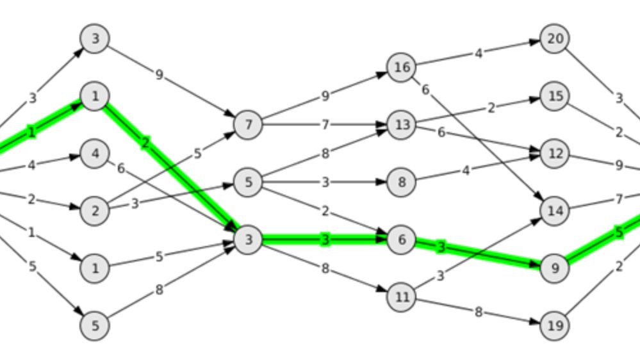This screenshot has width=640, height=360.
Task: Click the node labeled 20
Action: [x=555, y=38]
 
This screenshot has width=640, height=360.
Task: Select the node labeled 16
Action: [x=402, y=67]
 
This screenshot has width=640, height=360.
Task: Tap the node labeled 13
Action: [x=402, y=125]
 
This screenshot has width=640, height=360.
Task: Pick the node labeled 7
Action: [x=249, y=125]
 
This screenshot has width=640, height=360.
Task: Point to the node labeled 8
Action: [x=402, y=183]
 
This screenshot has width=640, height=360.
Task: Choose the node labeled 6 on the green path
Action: [x=402, y=240]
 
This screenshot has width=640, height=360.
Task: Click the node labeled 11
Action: [x=402, y=297]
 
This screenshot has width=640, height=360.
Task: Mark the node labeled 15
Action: [x=555, y=96]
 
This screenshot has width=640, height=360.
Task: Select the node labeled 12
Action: [x=555, y=154]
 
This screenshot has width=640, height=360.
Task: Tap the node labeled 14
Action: [x=555, y=211]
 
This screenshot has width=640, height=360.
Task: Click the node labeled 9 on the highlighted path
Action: [x=555, y=268]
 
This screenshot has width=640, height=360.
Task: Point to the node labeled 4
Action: [x=95, y=154]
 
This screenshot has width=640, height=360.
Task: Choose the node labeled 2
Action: [x=95, y=211]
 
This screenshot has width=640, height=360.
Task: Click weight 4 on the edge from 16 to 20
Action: [x=478, y=53]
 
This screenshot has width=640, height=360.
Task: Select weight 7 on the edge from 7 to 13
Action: [x=325, y=125]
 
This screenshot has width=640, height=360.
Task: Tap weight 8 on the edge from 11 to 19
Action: [x=478, y=312]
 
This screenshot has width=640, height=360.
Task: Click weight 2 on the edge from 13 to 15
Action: [x=491, y=108]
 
